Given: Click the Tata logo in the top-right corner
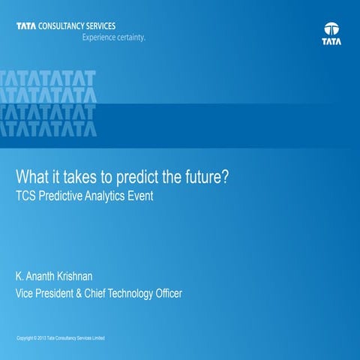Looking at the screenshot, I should tap(331, 34).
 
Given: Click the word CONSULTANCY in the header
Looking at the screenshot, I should tap(63, 26).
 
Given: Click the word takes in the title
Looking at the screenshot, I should tap(88, 180).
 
